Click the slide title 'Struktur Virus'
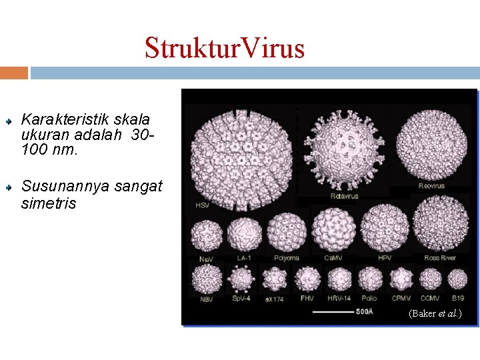[x=225, y=48]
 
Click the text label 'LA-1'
[x=243, y=257]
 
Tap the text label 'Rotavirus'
[x=344, y=196]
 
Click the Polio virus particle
[x=369, y=279]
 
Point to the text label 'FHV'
[x=307, y=299]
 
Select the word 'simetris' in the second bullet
[x=49, y=203]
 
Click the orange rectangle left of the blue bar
[x=14, y=73]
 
